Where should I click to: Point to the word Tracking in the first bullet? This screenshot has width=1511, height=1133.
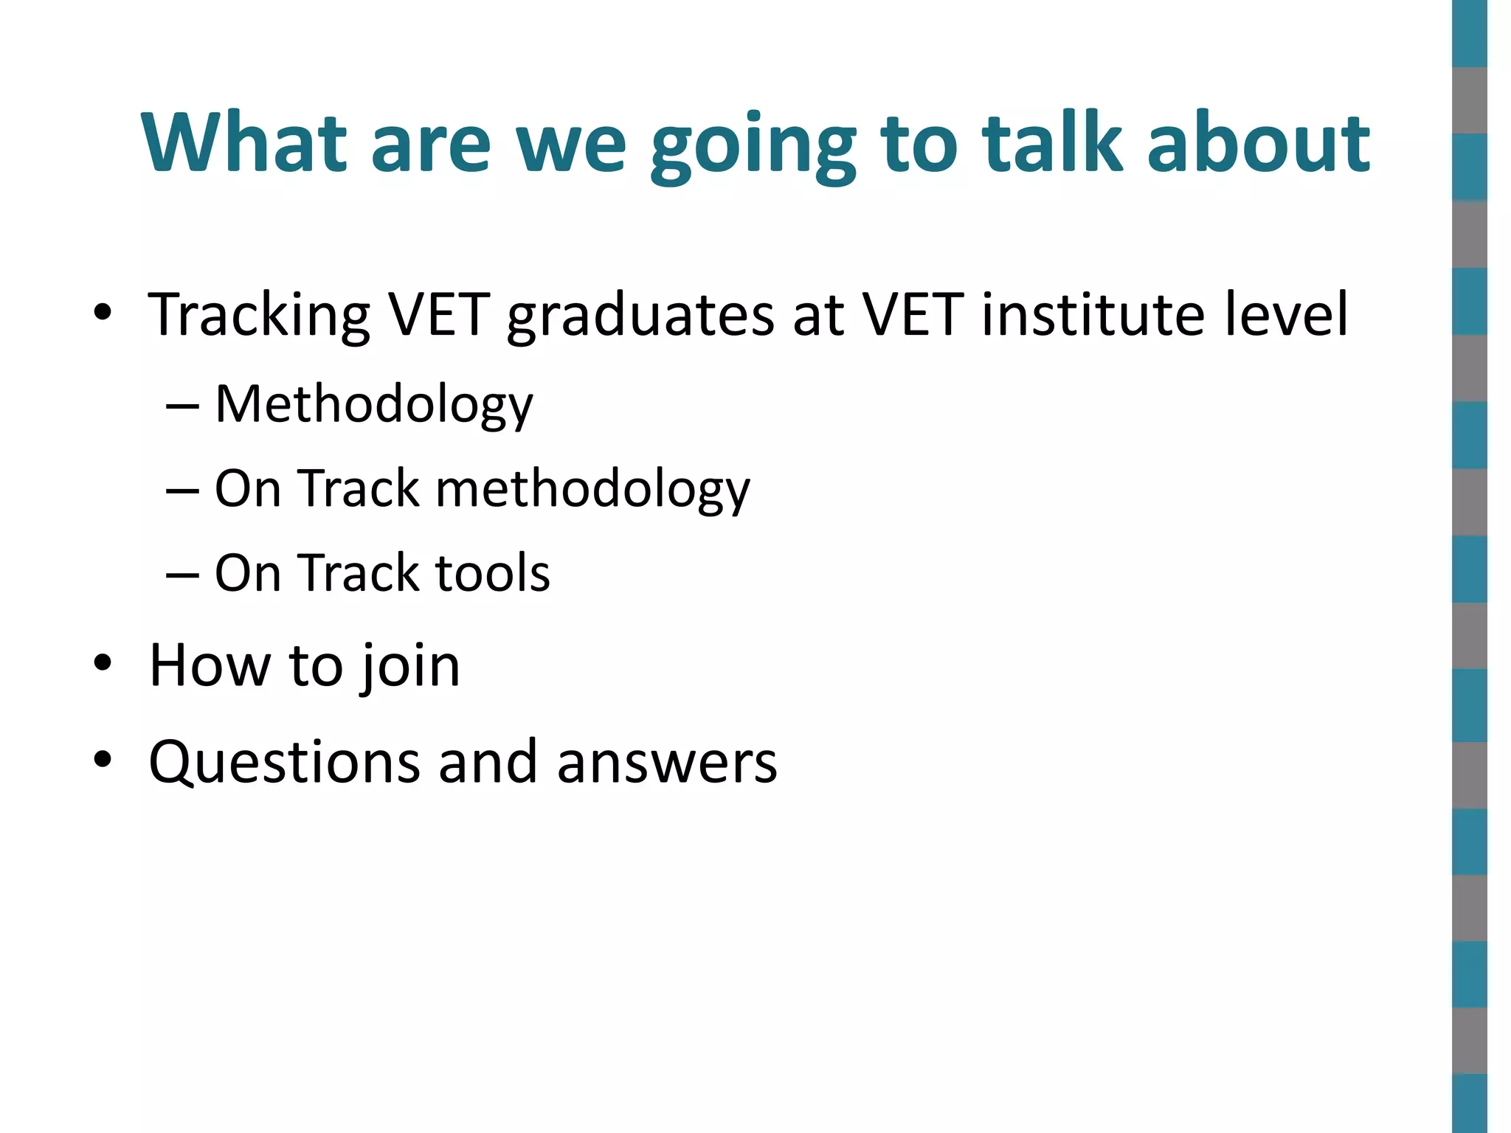[x=258, y=316]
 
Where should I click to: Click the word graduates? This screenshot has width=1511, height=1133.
[x=640, y=316]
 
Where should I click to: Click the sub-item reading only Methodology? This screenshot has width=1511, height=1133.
[x=373, y=405]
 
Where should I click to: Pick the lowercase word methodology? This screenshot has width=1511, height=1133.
[x=592, y=490]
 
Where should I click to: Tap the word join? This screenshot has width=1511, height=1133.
[x=409, y=667]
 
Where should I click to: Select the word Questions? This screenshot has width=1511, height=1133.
[x=285, y=762]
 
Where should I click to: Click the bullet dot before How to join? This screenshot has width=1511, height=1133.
[x=103, y=663]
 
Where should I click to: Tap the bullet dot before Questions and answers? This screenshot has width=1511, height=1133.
[x=103, y=759]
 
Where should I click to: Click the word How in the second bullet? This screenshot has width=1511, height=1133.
[x=210, y=665]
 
